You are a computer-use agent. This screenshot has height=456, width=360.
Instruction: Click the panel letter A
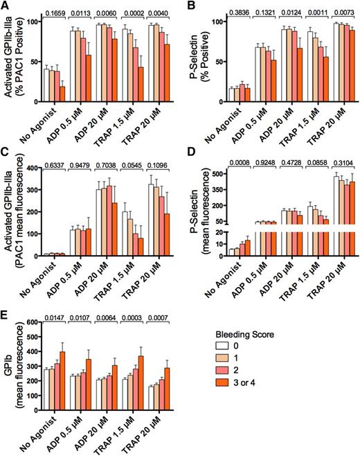[x=5, y=6]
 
